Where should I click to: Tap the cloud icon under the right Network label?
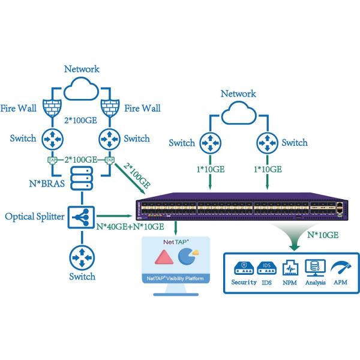pos(238,113)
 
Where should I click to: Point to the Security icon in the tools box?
pos(244,267)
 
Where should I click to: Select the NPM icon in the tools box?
pos(290,267)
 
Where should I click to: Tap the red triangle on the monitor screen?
pos(164,258)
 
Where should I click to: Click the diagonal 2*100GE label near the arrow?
pos(136,173)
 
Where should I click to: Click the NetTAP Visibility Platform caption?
pos(175,278)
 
